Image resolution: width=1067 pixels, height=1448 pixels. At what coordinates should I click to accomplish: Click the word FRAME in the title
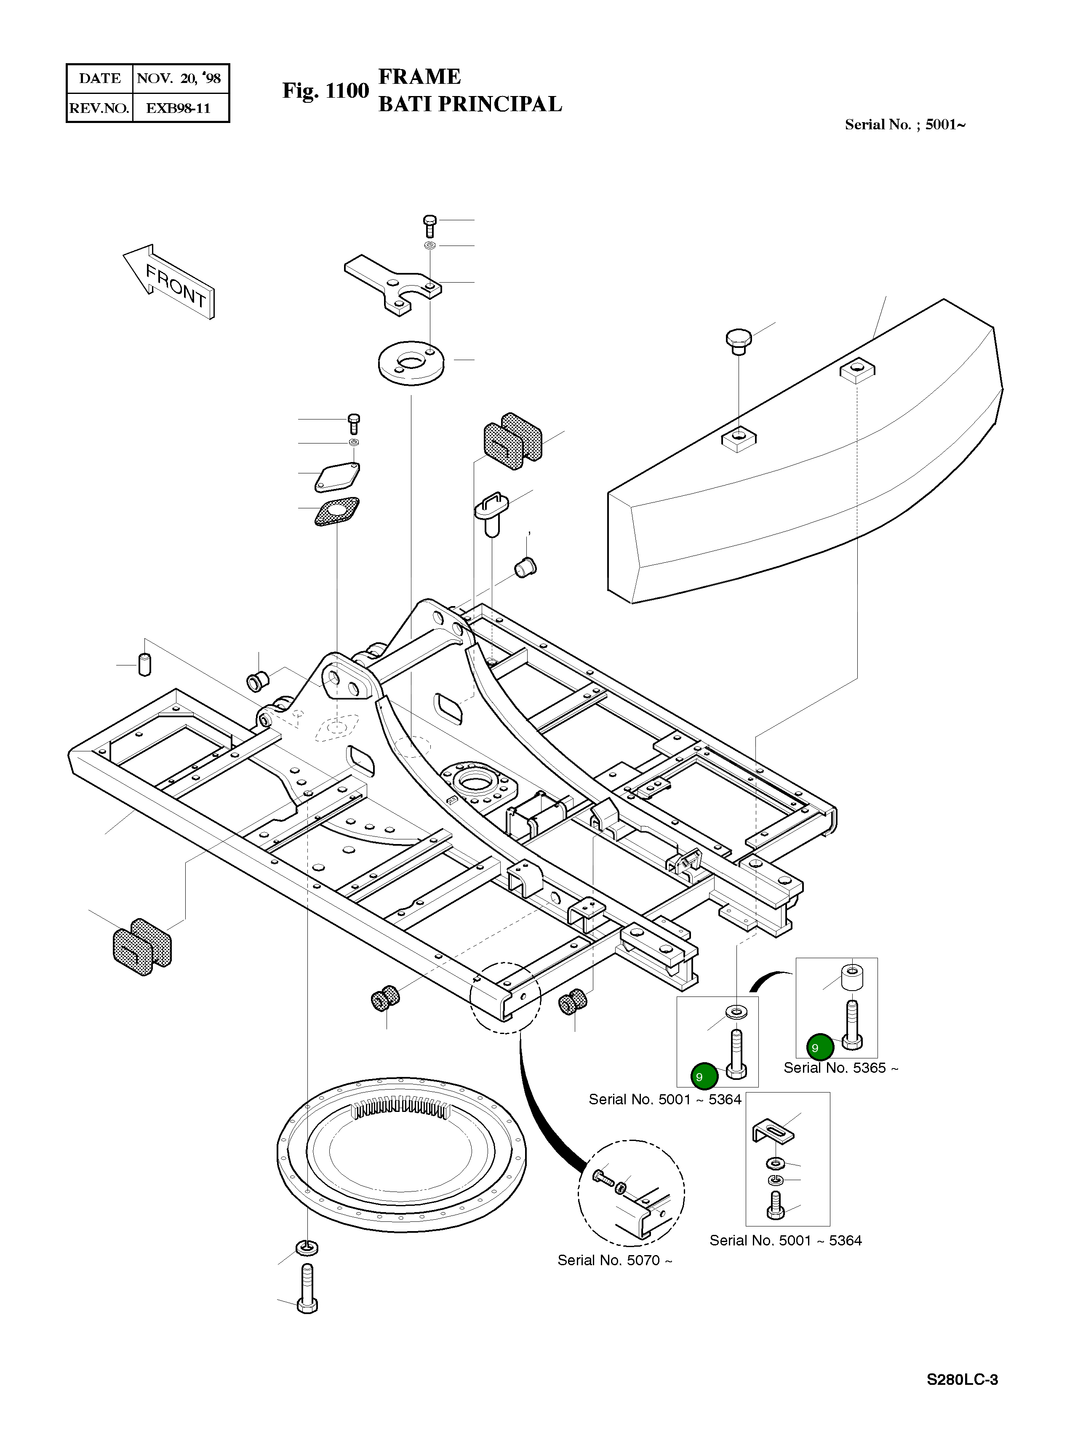click(x=419, y=77)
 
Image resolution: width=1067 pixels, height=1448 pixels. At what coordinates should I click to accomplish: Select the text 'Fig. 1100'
click(x=325, y=91)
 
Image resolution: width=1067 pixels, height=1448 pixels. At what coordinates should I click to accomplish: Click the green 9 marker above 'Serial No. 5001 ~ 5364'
click(x=703, y=1077)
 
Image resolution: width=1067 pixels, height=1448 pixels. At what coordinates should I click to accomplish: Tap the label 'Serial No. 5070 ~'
click(x=615, y=1260)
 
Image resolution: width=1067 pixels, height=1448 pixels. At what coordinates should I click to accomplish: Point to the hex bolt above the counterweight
click(x=738, y=342)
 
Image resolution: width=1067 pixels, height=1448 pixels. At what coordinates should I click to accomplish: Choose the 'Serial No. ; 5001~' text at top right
click(x=905, y=125)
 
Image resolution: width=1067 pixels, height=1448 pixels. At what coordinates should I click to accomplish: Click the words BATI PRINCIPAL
click(x=470, y=104)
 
